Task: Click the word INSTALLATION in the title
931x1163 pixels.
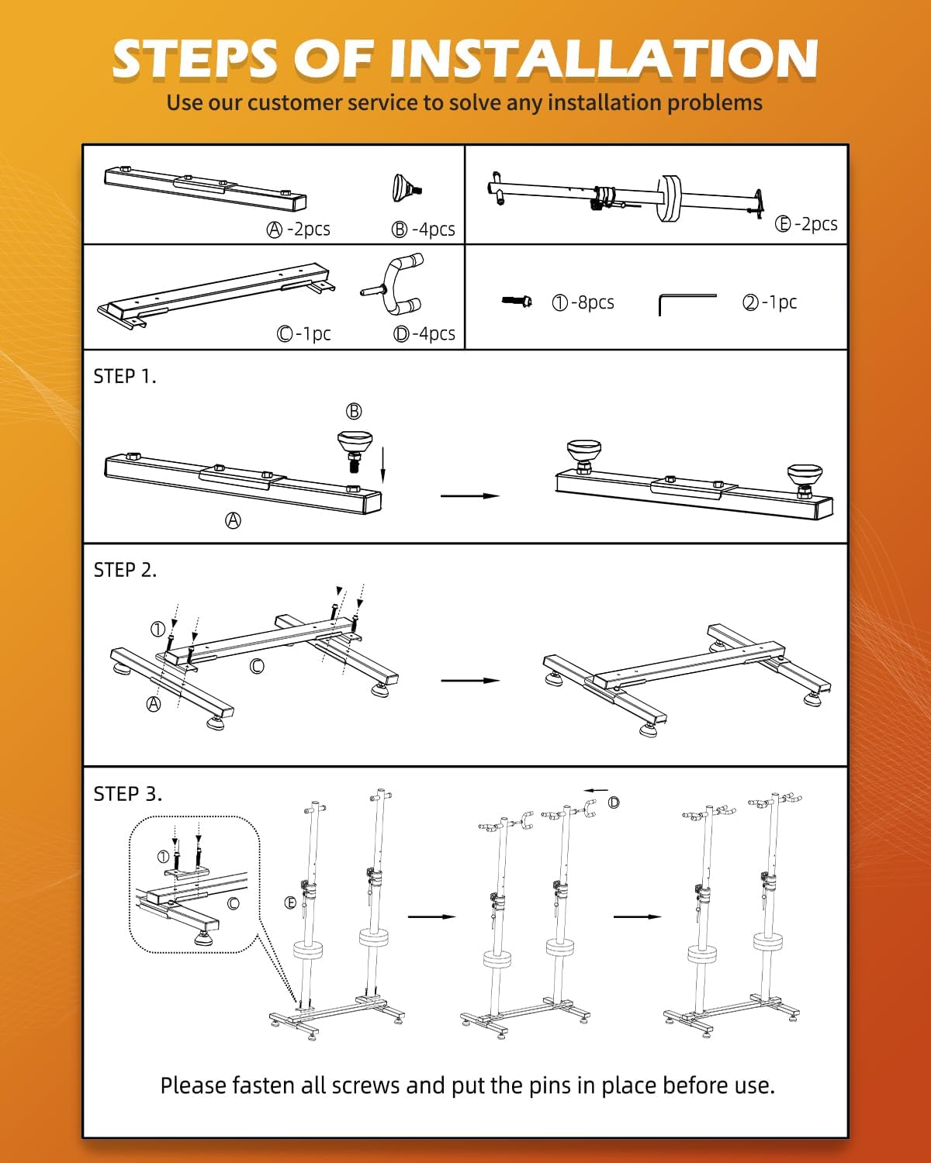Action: click(604, 59)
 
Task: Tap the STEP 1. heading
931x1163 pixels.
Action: click(125, 377)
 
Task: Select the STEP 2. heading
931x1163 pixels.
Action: click(125, 571)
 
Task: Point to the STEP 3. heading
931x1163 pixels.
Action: click(127, 794)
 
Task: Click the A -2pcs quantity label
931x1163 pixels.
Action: click(299, 229)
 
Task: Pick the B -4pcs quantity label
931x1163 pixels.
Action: click(423, 229)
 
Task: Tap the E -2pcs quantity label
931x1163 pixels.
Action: click(806, 224)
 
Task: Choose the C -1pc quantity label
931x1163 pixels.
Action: click(303, 334)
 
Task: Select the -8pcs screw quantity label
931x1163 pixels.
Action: click(583, 302)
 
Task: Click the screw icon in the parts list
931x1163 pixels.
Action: click(517, 301)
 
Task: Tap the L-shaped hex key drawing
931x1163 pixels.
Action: click(687, 302)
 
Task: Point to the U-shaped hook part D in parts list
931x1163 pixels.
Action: click(396, 285)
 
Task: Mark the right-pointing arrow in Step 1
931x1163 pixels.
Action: click(470, 495)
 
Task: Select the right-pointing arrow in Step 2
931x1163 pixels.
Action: click(470, 681)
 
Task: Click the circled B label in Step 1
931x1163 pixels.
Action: click(354, 411)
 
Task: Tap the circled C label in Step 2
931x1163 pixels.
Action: click(257, 666)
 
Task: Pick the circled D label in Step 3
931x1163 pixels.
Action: click(614, 802)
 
